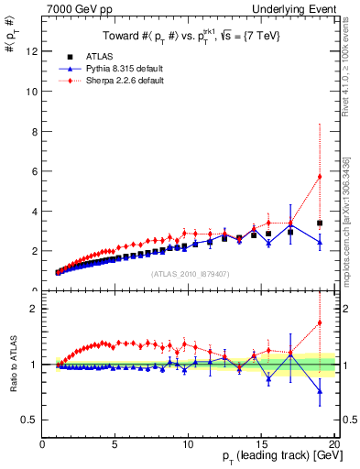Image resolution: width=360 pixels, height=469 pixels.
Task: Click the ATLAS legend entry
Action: (95, 56)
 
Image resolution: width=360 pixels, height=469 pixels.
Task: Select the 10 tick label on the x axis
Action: (187, 443)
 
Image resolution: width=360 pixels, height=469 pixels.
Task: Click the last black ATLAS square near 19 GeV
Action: (320, 223)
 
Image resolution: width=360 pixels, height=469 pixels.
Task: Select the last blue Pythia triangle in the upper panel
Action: (320, 242)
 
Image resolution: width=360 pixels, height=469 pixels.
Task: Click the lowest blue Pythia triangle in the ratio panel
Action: (320, 391)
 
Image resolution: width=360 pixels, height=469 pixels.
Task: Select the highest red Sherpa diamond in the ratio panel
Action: (320, 322)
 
